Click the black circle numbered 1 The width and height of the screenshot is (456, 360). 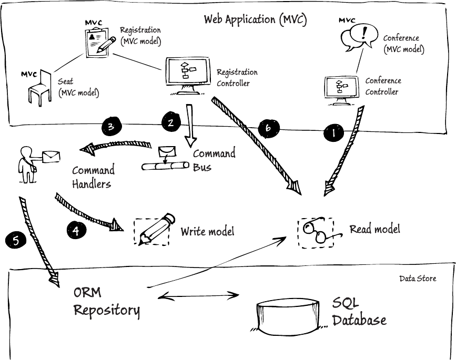pos(333,133)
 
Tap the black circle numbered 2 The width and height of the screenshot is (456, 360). pos(171,122)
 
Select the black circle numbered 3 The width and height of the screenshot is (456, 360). pos(111,127)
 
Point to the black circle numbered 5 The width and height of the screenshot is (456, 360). pos(16,241)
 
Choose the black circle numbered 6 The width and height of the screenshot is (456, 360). pos(268,127)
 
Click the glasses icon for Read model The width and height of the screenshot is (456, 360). pos(315,231)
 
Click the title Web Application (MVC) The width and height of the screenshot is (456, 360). pos(255,20)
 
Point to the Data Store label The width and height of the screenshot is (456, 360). pos(418,279)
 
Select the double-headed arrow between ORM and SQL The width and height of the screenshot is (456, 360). pos(196,296)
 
